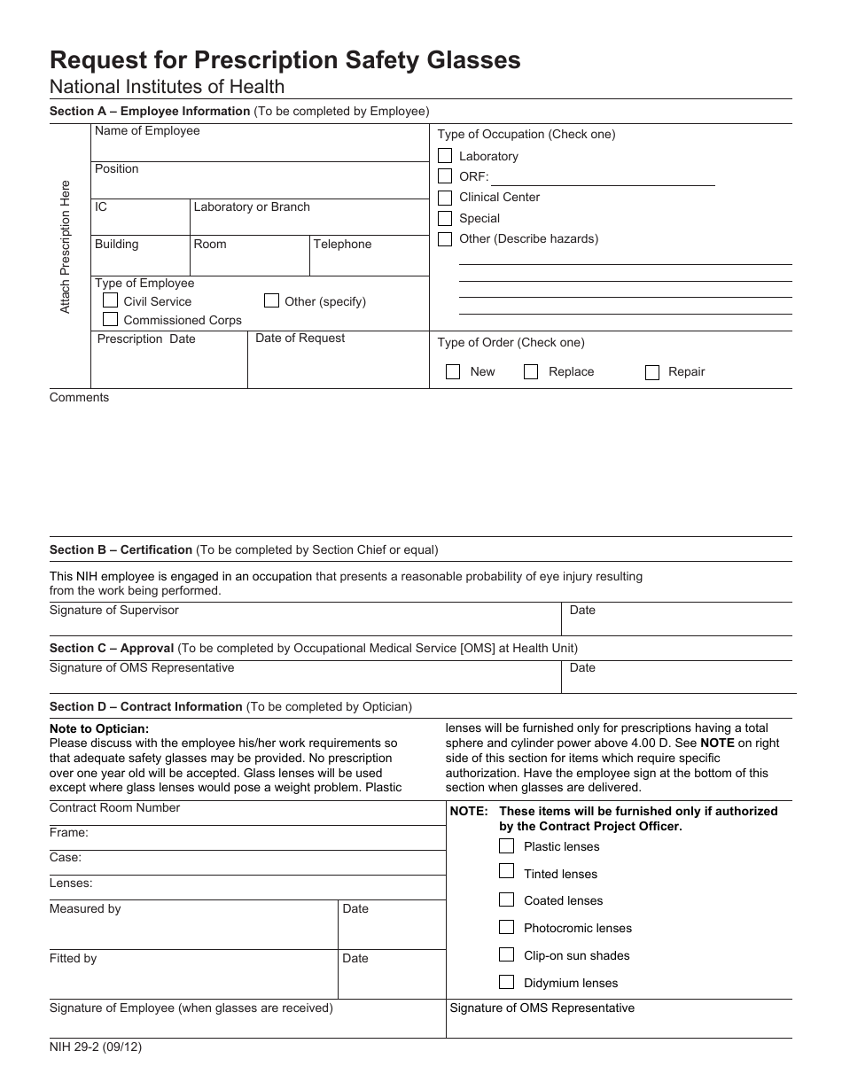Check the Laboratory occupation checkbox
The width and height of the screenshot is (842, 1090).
click(445, 156)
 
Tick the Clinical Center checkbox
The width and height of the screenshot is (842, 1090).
click(445, 197)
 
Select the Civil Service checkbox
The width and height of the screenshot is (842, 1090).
click(111, 300)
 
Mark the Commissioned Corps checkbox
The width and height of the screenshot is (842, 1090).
click(111, 319)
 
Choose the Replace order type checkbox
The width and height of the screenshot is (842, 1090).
click(531, 372)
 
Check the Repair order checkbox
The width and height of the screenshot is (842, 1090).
click(652, 372)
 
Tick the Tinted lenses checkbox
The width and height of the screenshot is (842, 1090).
click(506, 872)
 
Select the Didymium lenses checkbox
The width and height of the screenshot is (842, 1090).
click(506, 982)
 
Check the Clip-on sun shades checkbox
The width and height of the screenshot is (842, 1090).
click(506, 954)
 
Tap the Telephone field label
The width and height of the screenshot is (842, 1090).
click(342, 245)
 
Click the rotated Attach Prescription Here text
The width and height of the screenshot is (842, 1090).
click(65, 246)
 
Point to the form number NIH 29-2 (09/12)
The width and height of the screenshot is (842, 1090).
click(96, 1047)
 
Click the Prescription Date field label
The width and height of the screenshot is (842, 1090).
click(146, 339)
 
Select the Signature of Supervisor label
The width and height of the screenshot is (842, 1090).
click(114, 611)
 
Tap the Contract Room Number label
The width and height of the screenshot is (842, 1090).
click(115, 808)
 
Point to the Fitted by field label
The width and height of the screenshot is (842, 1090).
click(74, 959)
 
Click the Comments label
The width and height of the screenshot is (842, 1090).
click(80, 398)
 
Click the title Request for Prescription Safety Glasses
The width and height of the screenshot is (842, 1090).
click(285, 60)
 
